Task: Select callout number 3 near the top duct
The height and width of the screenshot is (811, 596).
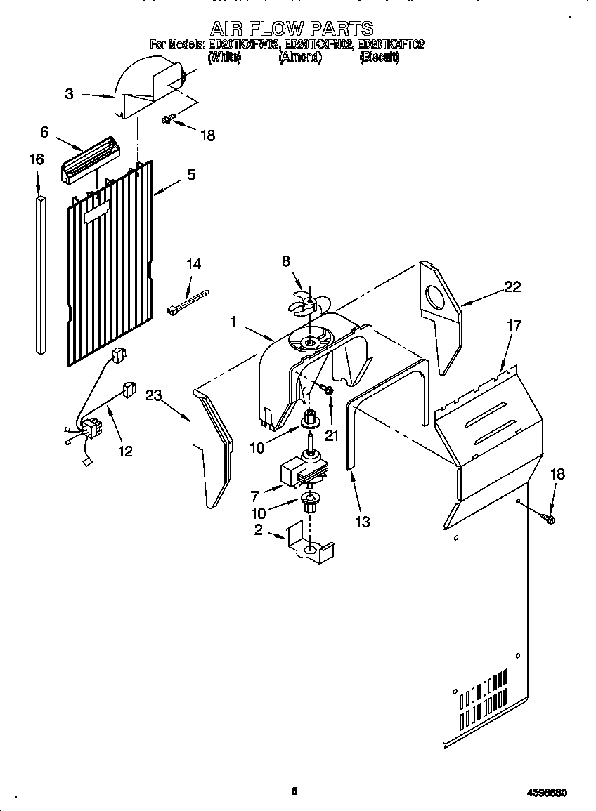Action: (69, 93)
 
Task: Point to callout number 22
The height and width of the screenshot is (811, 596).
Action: (513, 286)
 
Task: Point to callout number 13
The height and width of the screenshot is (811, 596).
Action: (363, 522)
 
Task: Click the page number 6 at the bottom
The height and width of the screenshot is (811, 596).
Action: (294, 791)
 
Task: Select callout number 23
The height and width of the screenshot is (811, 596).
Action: (154, 395)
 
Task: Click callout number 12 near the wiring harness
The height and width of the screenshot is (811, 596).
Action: (125, 451)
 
